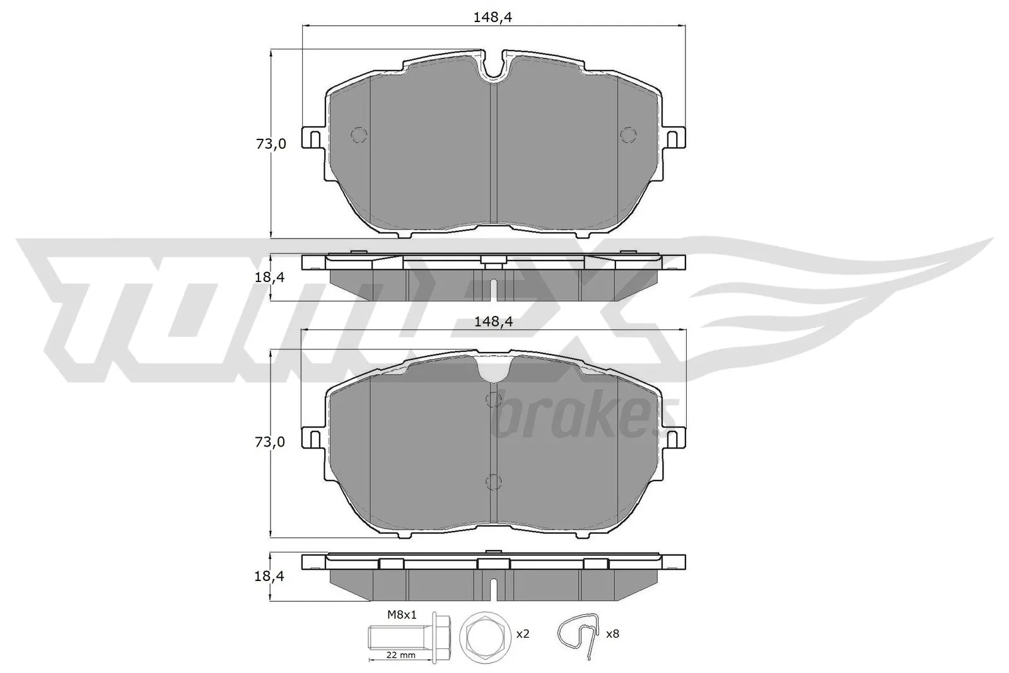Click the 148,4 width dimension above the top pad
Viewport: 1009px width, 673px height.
[x=493, y=18]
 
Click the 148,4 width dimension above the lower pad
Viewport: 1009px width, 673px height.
[x=493, y=322]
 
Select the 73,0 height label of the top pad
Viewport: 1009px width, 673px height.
[x=271, y=144]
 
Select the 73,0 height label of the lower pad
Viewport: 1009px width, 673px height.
[x=271, y=442]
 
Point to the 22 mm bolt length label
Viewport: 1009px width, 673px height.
[x=401, y=655]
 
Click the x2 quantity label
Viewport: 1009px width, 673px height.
[x=522, y=633]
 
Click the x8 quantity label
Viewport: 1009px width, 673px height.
[x=612, y=633]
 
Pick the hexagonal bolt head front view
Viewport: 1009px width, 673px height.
[x=482, y=633]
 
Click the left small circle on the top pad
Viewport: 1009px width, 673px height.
[x=358, y=135]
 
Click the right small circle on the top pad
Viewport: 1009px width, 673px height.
[x=628, y=134]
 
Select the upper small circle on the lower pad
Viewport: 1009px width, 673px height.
[x=494, y=399]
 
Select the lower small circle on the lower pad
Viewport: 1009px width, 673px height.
[x=494, y=483]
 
